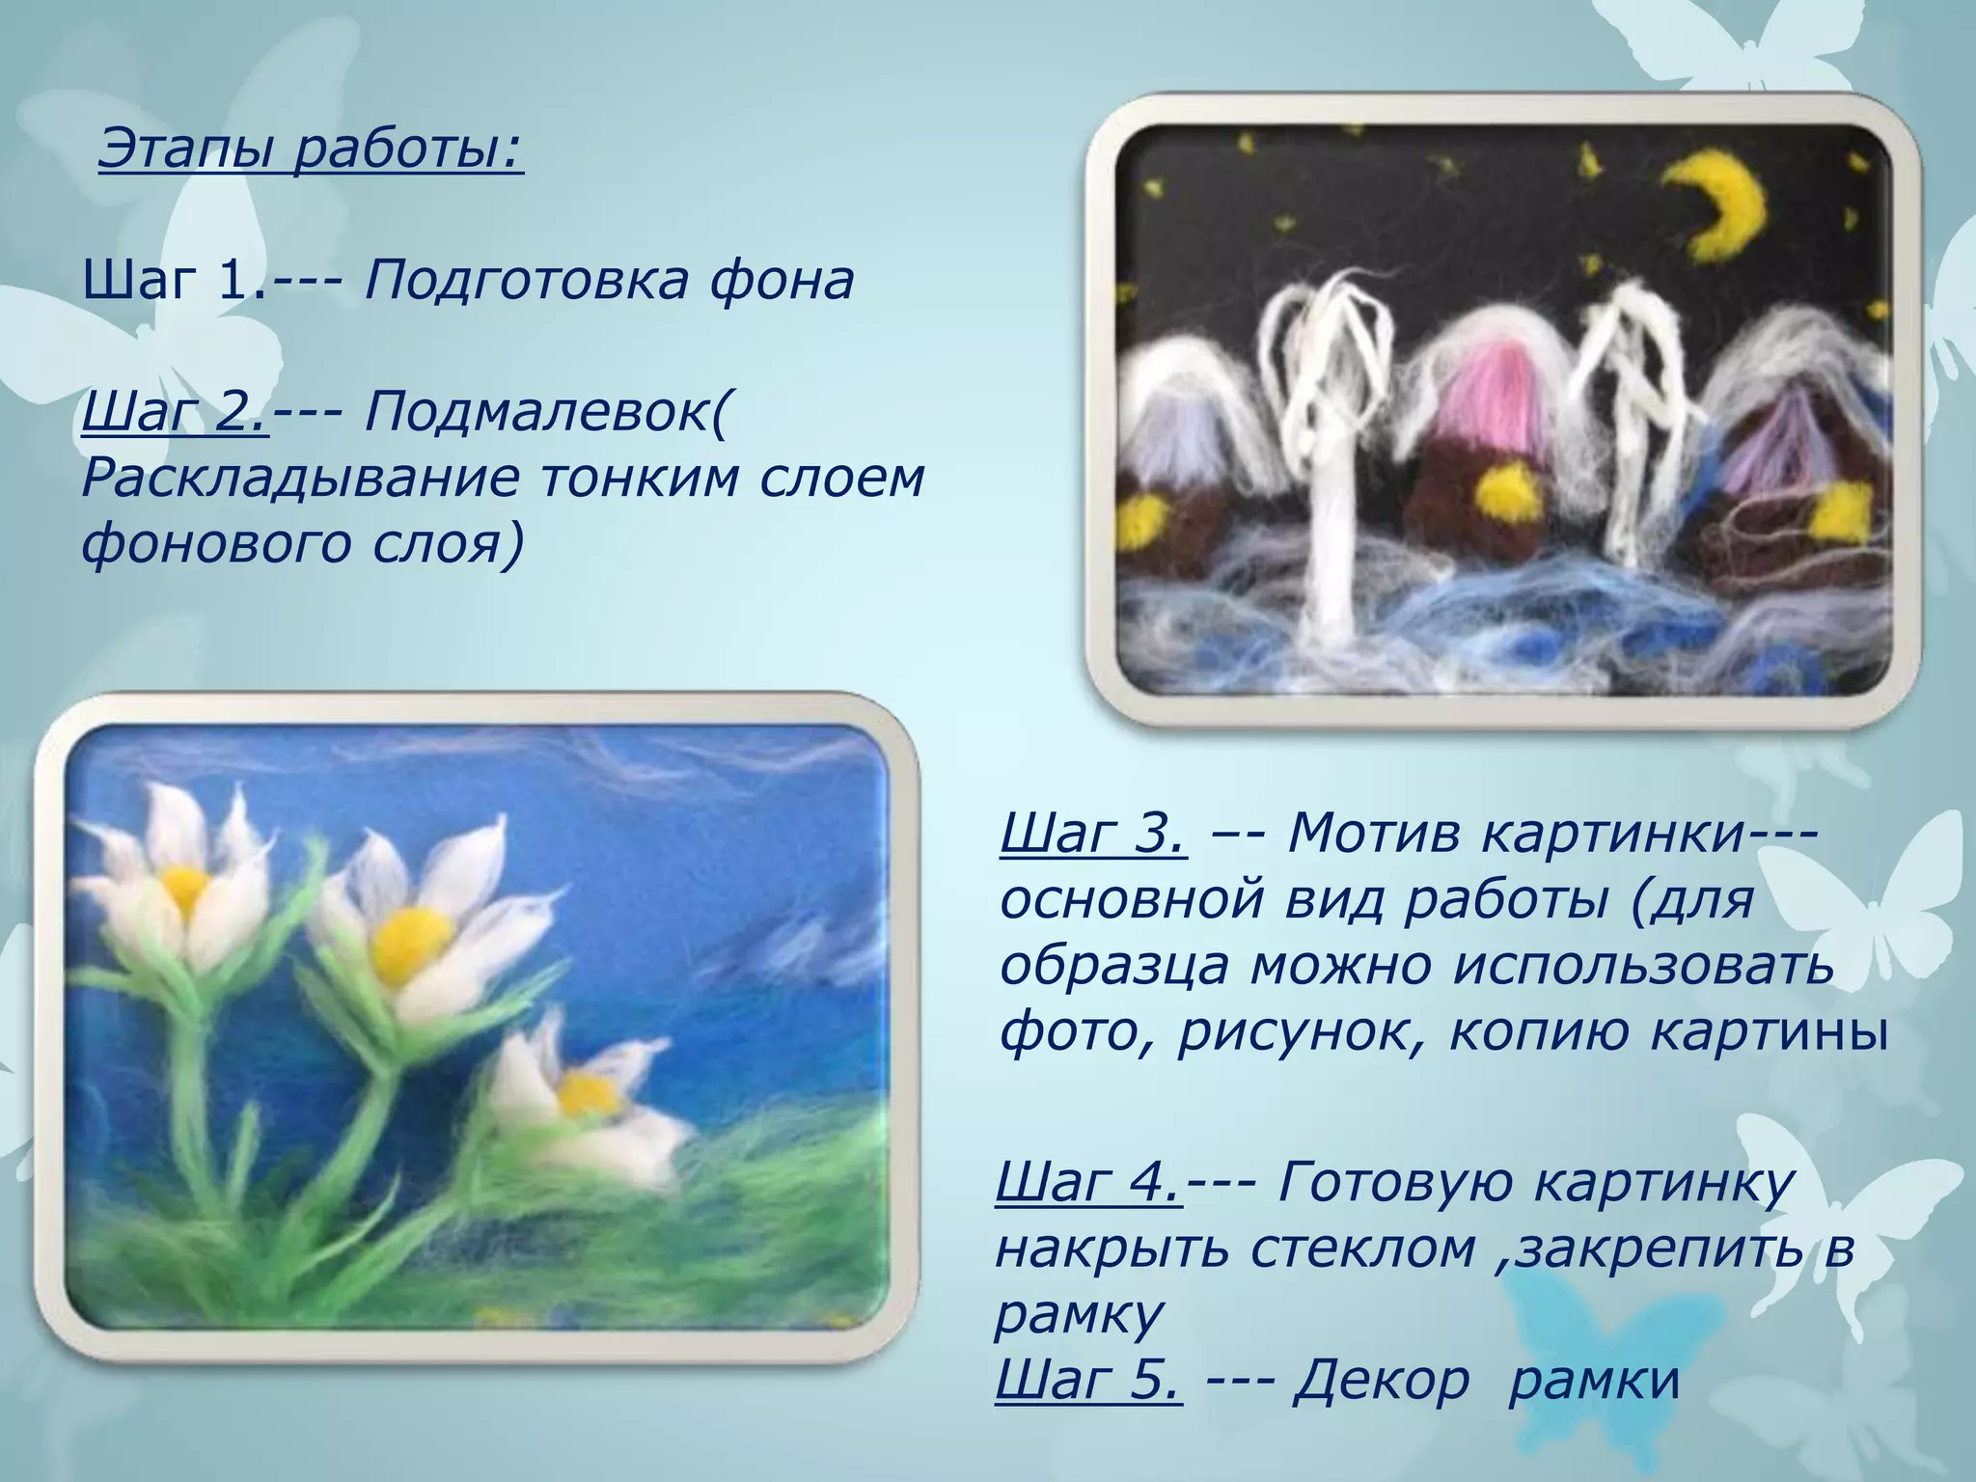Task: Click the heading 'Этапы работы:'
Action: point(311,150)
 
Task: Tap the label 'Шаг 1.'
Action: point(174,281)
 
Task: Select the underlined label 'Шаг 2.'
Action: point(175,412)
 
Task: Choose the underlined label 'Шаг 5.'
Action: point(1088,1379)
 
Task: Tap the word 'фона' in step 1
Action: point(782,281)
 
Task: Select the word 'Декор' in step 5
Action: point(1382,1379)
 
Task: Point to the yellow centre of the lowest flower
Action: point(587,1093)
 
